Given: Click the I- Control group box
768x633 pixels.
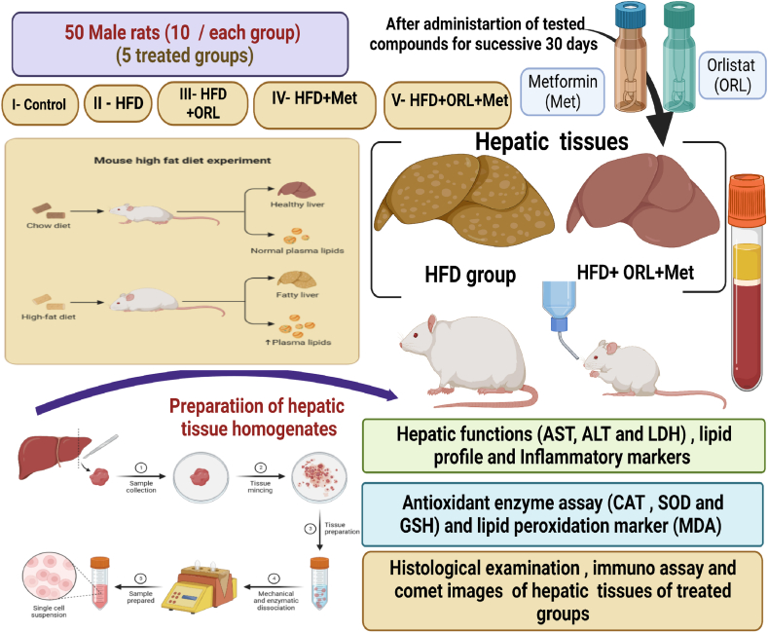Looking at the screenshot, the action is [x=40, y=104].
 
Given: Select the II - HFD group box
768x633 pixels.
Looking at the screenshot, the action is [x=119, y=103].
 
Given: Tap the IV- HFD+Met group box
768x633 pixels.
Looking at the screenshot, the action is [x=314, y=105].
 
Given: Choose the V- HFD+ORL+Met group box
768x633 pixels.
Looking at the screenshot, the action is [x=448, y=105].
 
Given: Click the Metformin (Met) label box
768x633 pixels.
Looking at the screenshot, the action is [x=562, y=92].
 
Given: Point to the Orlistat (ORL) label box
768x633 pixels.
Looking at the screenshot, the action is [x=732, y=75].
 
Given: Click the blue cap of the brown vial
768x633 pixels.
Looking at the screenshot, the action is [x=631, y=15].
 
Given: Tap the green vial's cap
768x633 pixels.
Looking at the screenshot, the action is [x=678, y=15].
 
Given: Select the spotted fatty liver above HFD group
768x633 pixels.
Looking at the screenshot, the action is [x=463, y=201].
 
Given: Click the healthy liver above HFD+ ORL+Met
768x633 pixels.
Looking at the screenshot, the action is [x=642, y=199].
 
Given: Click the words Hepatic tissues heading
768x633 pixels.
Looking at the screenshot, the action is [x=552, y=141].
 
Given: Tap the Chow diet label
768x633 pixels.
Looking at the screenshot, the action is [x=49, y=225].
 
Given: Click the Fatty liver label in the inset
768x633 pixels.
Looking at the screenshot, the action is [x=297, y=295].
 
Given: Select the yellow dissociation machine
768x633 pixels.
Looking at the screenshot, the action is [x=199, y=585].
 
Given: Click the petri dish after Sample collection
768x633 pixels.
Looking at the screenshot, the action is [x=201, y=477].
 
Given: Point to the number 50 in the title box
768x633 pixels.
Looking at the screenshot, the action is [x=75, y=33].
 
